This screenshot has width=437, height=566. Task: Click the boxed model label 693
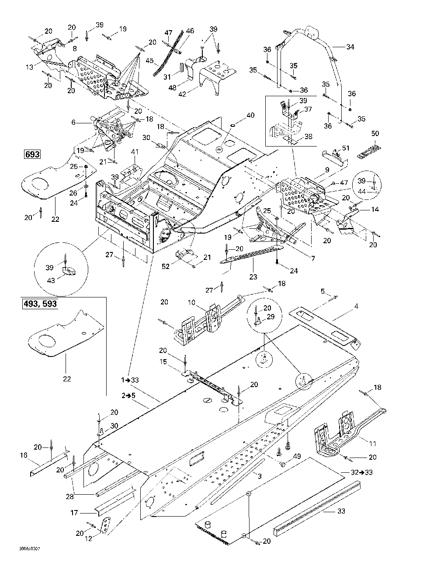[32, 154]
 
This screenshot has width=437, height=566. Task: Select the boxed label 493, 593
[40, 304]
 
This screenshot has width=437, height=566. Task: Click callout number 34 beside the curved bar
[350, 47]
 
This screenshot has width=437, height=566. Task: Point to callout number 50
[375, 133]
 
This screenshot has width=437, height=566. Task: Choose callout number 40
[250, 115]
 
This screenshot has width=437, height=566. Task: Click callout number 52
[166, 266]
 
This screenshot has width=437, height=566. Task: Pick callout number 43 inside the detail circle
[51, 280]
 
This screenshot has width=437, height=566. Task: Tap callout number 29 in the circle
[271, 317]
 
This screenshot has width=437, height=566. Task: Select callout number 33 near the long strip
[341, 511]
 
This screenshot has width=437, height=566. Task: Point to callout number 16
[24, 455]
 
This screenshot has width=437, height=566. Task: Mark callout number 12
[88, 538]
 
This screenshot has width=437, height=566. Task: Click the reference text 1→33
[130, 380]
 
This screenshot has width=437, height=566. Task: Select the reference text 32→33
[361, 472]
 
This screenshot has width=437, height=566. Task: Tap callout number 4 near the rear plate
[356, 306]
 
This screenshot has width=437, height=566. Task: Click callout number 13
[29, 67]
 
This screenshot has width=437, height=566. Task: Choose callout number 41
[135, 152]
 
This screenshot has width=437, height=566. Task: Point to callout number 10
[191, 302]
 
